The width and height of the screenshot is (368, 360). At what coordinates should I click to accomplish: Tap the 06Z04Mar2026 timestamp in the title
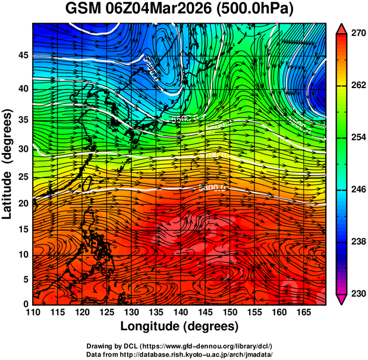click(x=161, y=10)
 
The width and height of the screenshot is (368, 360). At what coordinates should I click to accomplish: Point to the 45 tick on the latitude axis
click(x=23, y=56)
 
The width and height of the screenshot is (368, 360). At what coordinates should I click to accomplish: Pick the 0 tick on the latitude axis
click(x=26, y=304)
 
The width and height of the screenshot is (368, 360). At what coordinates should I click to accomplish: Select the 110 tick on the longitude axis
click(x=33, y=313)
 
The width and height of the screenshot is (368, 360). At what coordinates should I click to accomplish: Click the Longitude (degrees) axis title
click(x=180, y=327)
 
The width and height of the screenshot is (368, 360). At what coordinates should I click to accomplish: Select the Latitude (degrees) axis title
click(x=8, y=163)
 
